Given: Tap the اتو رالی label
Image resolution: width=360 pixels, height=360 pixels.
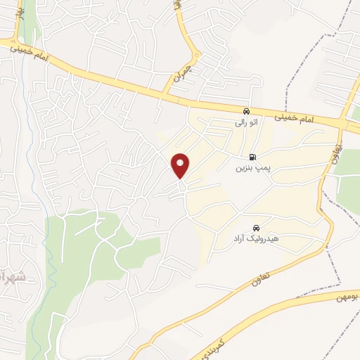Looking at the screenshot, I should click(246, 122).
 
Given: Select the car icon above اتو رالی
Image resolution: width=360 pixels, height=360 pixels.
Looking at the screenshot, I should click(245, 111).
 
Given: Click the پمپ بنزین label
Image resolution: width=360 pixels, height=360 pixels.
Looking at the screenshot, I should click(252, 169).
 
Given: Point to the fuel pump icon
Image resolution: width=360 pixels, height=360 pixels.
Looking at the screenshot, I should click(252, 157).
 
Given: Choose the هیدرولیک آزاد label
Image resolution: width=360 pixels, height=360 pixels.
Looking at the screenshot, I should click(256, 239).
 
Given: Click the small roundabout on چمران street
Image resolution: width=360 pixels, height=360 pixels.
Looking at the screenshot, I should click(197, 54).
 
